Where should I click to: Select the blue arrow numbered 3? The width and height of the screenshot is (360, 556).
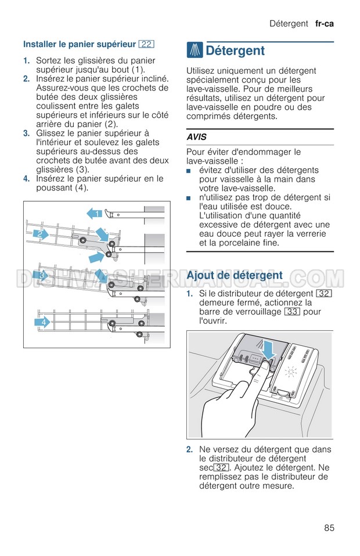[x=42, y=275]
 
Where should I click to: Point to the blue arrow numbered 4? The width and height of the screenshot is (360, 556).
[x=42, y=322]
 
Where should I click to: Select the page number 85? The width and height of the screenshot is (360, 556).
[x=329, y=528]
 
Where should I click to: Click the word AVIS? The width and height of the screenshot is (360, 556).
[x=197, y=137]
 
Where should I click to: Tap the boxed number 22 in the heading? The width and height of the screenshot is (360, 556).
[x=146, y=44]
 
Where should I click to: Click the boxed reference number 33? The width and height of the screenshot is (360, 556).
[x=292, y=312]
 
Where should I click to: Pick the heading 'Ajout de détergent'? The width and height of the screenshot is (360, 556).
[x=235, y=275]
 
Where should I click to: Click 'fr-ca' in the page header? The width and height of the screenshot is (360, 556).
[x=325, y=24]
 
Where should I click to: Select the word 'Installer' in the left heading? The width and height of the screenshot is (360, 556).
[x=39, y=44]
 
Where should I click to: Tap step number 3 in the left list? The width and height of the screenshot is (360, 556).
[x=26, y=133]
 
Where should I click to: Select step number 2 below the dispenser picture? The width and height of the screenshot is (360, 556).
[x=190, y=449]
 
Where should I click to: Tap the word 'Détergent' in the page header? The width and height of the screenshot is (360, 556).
[x=289, y=24]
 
